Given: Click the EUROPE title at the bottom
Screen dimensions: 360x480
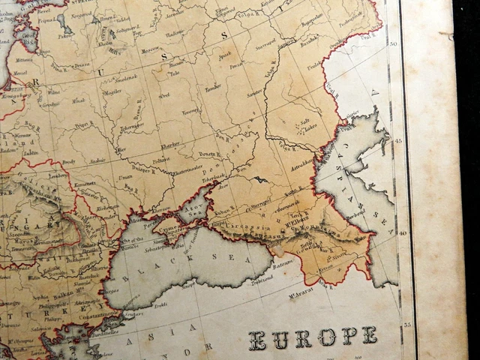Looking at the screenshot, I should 313,338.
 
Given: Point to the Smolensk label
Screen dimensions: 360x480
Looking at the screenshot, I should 124,78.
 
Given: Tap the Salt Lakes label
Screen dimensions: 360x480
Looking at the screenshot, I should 305,126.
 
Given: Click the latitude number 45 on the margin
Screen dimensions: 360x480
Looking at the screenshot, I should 399,140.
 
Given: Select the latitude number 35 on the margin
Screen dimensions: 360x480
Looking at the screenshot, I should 407,324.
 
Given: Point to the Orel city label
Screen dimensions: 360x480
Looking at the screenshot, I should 163,95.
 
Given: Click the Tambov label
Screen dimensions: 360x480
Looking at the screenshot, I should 212,88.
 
